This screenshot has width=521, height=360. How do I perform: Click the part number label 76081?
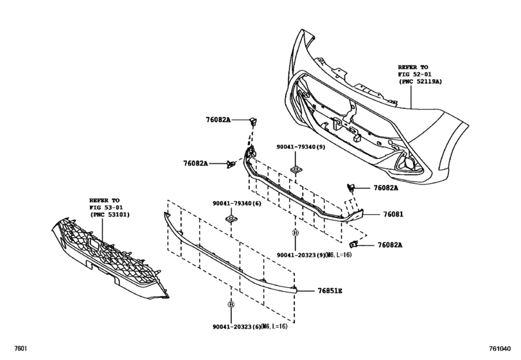click(393, 215)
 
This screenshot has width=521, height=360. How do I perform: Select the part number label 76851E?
click(330, 291)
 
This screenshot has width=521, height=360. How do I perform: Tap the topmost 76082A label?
click(218, 120)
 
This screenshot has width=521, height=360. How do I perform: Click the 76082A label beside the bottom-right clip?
click(390, 245)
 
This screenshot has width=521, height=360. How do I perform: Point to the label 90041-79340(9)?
click(301, 147)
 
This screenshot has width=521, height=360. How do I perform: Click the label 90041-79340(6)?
click(237, 203)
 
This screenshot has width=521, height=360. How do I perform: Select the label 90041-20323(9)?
click(301, 255)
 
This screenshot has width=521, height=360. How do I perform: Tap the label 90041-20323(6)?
click(237, 327)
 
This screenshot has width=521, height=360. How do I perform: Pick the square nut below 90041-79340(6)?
click(231, 219)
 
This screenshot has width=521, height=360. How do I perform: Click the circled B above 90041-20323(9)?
click(296, 233)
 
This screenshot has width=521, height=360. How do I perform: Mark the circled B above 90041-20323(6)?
click(231, 304)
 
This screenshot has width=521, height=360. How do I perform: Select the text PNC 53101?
click(112, 215)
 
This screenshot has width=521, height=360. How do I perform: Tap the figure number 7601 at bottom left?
click(21, 348)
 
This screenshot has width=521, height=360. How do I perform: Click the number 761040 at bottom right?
click(499, 348)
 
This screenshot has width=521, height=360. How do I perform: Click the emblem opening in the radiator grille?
click(93, 244)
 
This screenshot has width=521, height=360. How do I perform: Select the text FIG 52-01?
click(414, 74)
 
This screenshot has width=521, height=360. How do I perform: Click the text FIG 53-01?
click(105, 208)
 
